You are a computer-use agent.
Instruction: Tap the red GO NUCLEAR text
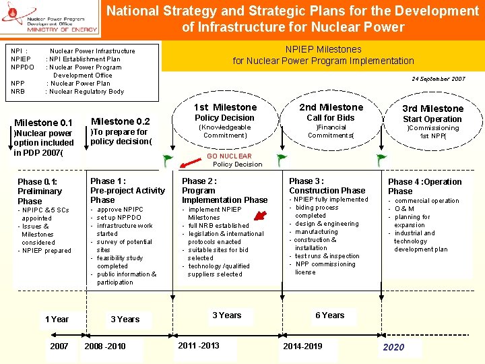tap(229, 156)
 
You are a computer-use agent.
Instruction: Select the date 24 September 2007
tap(438, 79)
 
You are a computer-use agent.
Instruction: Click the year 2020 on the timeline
tap(393, 347)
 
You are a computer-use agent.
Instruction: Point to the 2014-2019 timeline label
tap(302, 346)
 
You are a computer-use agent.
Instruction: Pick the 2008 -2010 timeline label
tap(104, 346)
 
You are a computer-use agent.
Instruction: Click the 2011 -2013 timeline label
tap(198, 345)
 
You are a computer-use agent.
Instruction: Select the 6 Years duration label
tap(329, 315)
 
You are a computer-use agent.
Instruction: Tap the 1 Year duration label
tap(57, 319)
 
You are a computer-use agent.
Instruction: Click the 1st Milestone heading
tap(225, 107)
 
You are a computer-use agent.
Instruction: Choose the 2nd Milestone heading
tap(331, 107)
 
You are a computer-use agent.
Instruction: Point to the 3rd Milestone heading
tap(432, 109)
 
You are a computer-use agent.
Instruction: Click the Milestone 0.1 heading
tap(43, 123)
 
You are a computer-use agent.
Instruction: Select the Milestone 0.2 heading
tap(120, 121)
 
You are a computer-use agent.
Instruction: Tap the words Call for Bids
tap(330, 117)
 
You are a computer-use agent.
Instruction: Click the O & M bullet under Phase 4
tap(405, 209)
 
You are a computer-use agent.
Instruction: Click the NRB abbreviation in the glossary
tap(18, 92)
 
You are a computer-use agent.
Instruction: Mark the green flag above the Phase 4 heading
tap(381, 160)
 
